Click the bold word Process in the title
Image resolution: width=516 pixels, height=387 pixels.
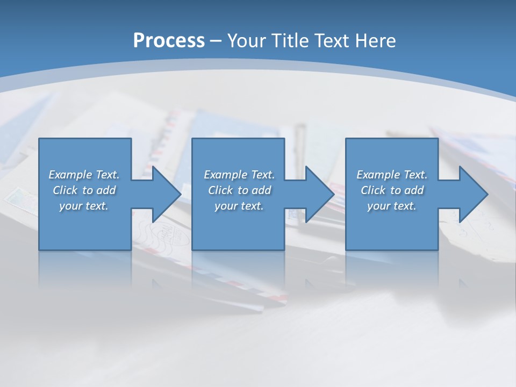[x=169, y=41]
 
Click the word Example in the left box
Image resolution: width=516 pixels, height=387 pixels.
[x=70, y=175]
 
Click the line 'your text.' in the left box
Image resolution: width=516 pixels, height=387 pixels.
[x=84, y=206]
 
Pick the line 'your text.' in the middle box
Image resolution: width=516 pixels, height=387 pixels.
[x=239, y=206]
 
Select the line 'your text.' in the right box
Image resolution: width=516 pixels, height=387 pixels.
[x=392, y=206]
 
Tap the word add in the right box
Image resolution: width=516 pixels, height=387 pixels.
[x=414, y=190]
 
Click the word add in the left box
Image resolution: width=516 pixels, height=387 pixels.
[x=106, y=190]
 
